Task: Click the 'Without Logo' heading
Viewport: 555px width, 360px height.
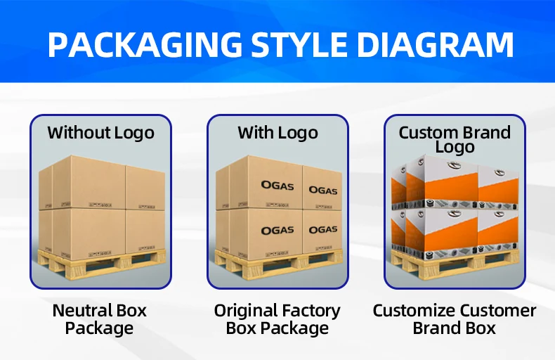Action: coord(100,132)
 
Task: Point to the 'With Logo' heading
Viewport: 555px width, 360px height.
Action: coord(277,132)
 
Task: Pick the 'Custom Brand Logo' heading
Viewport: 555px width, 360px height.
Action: coord(455,139)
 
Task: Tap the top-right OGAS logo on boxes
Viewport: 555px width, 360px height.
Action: coord(323,191)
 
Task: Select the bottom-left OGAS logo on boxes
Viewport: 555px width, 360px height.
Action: coord(277,231)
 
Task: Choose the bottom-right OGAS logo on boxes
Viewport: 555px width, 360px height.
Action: coord(323,230)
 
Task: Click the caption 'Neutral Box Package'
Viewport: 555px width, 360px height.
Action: coord(100,319)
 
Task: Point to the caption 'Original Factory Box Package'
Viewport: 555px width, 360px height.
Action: coord(277,319)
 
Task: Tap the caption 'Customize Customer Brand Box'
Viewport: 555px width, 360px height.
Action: coord(455,319)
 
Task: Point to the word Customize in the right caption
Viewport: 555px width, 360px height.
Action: coord(414,311)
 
